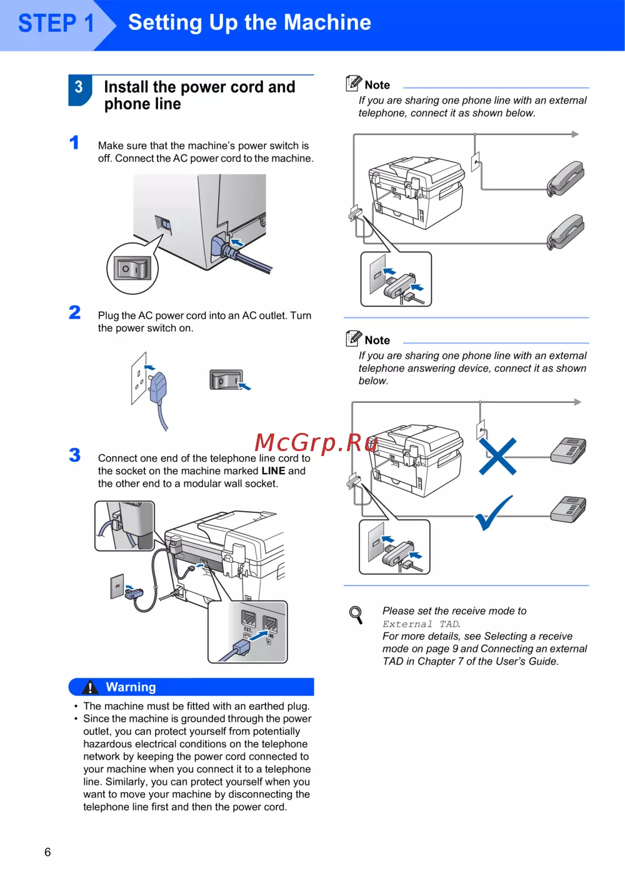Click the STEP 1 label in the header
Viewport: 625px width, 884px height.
pyautogui.click(x=56, y=24)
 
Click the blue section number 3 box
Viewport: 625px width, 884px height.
pyautogui.click(x=79, y=88)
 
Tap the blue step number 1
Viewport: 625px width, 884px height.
pyautogui.click(x=74, y=143)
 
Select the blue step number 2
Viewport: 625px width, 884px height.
pyautogui.click(x=75, y=312)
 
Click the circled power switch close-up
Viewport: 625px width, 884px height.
pyautogui.click(x=132, y=269)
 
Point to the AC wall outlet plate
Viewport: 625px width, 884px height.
pyautogui.click(x=138, y=378)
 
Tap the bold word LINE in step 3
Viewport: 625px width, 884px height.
pyautogui.click(x=273, y=471)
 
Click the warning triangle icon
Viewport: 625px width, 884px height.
pyautogui.click(x=90, y=688)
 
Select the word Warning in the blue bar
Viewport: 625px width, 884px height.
pyautogui.click(x=131, y=687)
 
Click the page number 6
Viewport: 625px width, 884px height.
pyautogui.click(x=47, y=852)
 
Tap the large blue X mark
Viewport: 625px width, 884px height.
pyautogui.click(x=497, y=457)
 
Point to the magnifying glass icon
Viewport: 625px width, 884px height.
pyautogui.click(x=356, y=615)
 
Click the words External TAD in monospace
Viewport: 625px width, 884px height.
pyautogui.click(x=421, y=624)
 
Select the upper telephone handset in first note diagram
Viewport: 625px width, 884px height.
pyautogui.click(x=566, y=177)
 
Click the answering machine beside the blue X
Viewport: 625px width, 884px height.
pyautogui.click(x=568, y=450)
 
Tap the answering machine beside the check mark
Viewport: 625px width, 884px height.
pyautogui.click(x=568, y=509)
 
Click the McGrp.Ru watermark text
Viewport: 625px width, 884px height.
pyautogui.click(x=316, y=443)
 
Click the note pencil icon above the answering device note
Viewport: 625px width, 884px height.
pyautogui.click(x=354, y=338)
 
